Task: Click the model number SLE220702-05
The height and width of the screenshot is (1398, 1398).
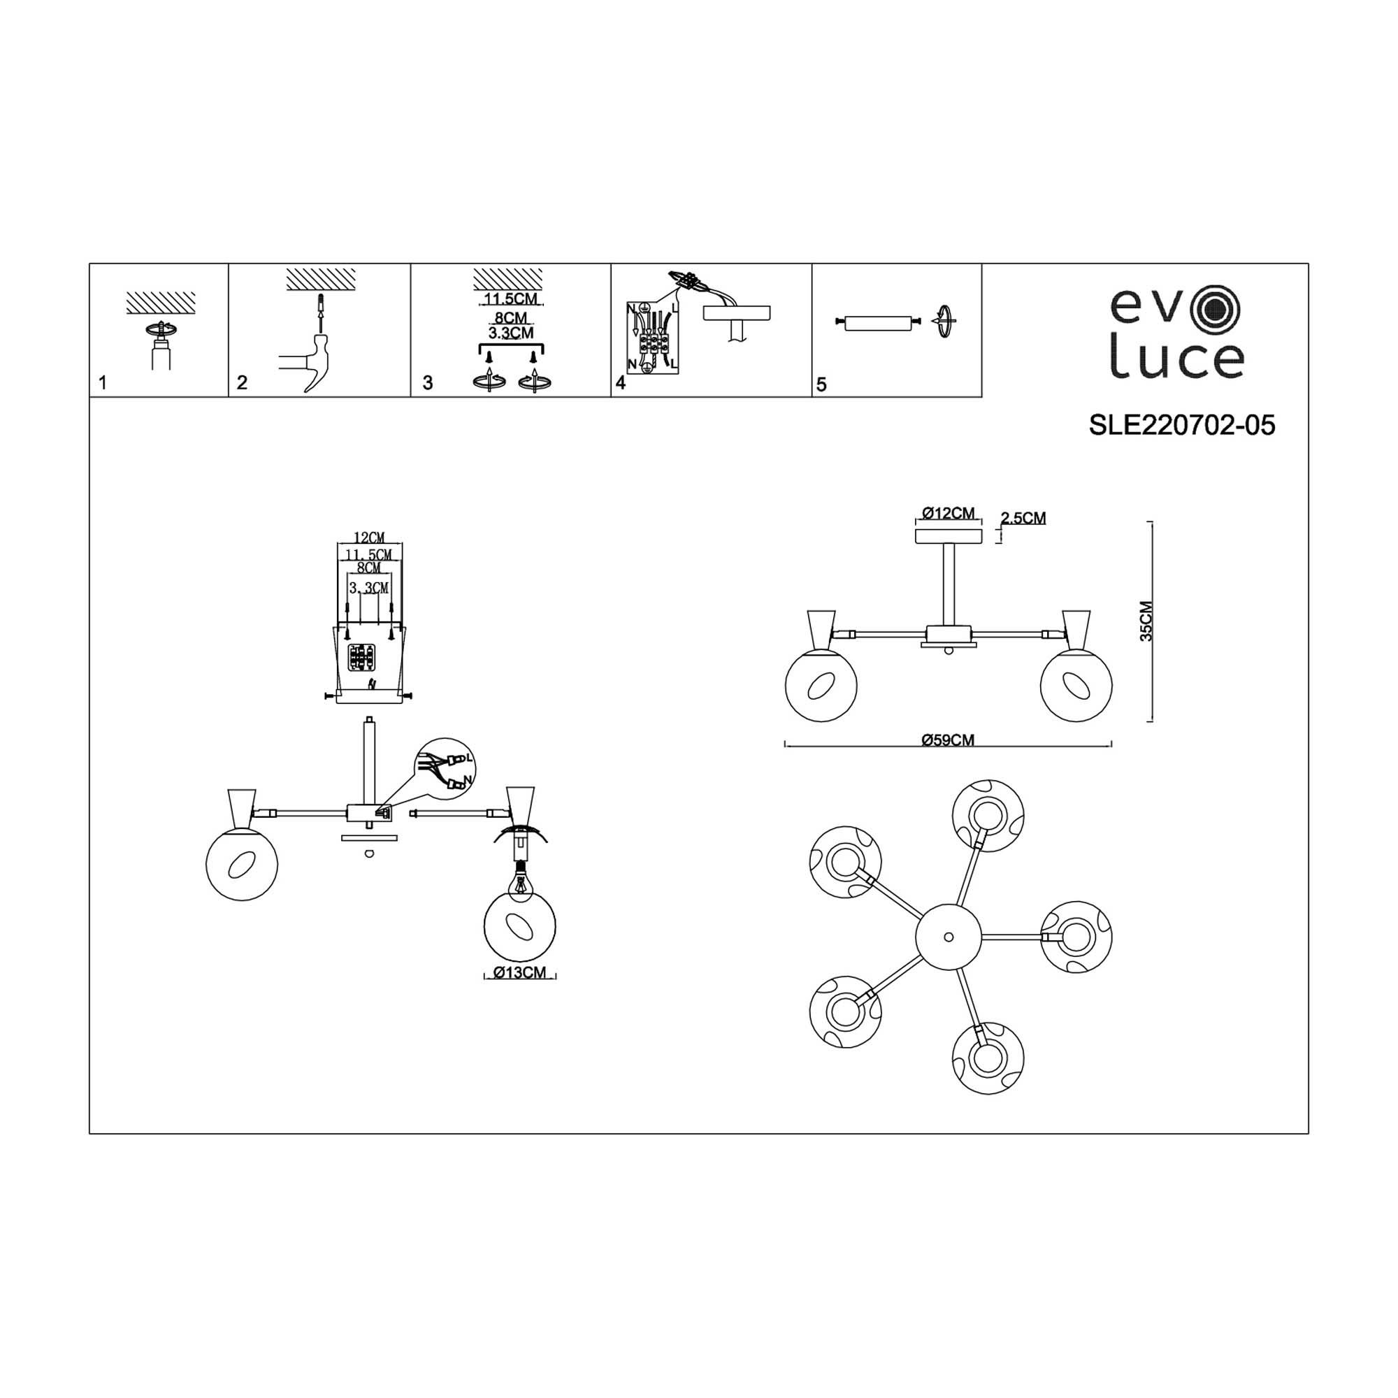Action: tap(1181, 426)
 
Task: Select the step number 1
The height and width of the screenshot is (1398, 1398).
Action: tap(103, 383)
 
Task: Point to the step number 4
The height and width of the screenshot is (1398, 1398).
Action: tap(620, 383)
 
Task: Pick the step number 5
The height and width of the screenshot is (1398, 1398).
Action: tap(821, 384)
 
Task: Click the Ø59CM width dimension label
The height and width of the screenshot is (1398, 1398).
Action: tap(948, 740)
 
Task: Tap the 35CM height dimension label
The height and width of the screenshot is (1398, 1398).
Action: tap(1146, 621)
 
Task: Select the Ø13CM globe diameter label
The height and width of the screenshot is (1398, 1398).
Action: tap(520, 972)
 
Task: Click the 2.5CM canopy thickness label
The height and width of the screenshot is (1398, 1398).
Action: tap(1023, 517)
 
